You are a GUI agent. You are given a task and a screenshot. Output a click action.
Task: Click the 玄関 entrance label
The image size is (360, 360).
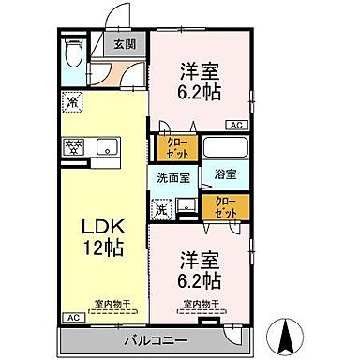pyautogui.click(x=125, y=43)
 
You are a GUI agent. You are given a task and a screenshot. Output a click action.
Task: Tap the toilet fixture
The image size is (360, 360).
pyautogui.click(x=72, y=54)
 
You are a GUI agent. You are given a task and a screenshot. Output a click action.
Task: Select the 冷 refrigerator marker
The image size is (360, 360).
pyautogui.click(x=71, y=100)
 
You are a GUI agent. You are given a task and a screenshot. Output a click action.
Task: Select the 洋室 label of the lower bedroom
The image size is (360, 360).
pyautogui.click(x=200, y=256)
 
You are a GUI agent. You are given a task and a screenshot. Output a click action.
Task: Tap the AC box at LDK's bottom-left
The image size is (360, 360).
pyautogui.click(x=70, y=318)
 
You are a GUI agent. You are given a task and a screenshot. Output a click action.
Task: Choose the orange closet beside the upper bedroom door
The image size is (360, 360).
pyautogui.click(x=176, y=148)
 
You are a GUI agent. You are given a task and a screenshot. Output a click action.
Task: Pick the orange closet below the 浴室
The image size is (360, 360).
pyautogui.click(x=226, y=205)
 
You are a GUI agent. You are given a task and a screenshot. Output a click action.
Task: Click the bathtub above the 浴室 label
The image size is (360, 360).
pyautogui.click(x=225, y=147)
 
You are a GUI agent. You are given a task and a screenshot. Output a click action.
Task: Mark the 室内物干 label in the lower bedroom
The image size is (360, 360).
pyautogui.click(x=200, y=304)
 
